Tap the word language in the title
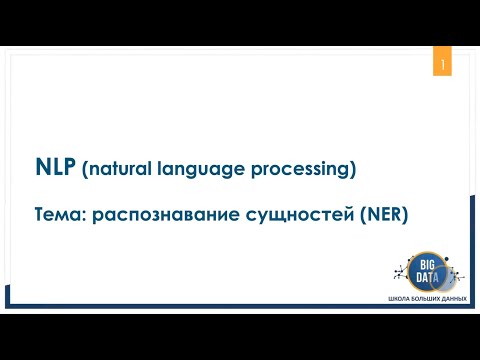197,171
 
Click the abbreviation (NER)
377,215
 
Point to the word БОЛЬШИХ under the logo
423,300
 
